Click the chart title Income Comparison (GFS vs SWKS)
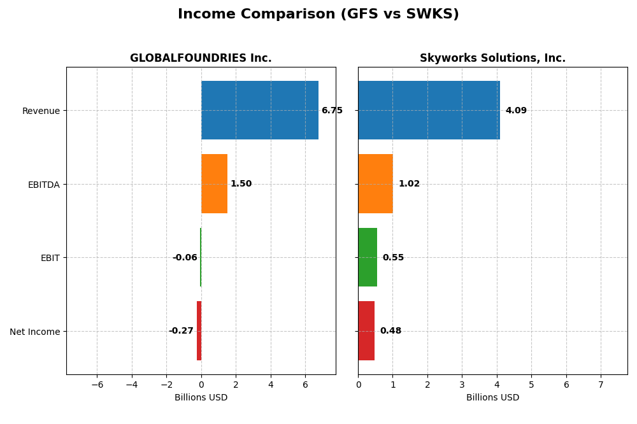(x=318, y=14)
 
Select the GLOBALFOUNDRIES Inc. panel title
(x=201, y=58)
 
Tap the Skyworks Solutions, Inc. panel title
(x=492, y=58)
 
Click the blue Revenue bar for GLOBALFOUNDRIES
(x=259, y=110)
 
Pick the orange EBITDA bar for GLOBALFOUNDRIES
(x=214, y=183)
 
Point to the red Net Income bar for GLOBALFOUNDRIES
(x=199, y=330)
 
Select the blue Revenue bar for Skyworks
(x=429, y=110)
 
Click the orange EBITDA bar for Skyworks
(x=375, y=183)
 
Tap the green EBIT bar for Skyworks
(x=368, y=257)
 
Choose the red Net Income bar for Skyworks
(x=366, y=330)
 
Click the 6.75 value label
(x=332, y=111)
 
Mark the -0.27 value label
(x=181, y=331)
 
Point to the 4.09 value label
(x=516, y=111)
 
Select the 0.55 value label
(x=393, y=258)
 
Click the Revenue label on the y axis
(x=41, y=111)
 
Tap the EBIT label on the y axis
(x=50, y=258)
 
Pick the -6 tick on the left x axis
(x=97, y=385)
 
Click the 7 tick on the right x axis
(x=601, y=385)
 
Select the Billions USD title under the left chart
(x=201, y=398)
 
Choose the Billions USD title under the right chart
(x=492, y=398)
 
